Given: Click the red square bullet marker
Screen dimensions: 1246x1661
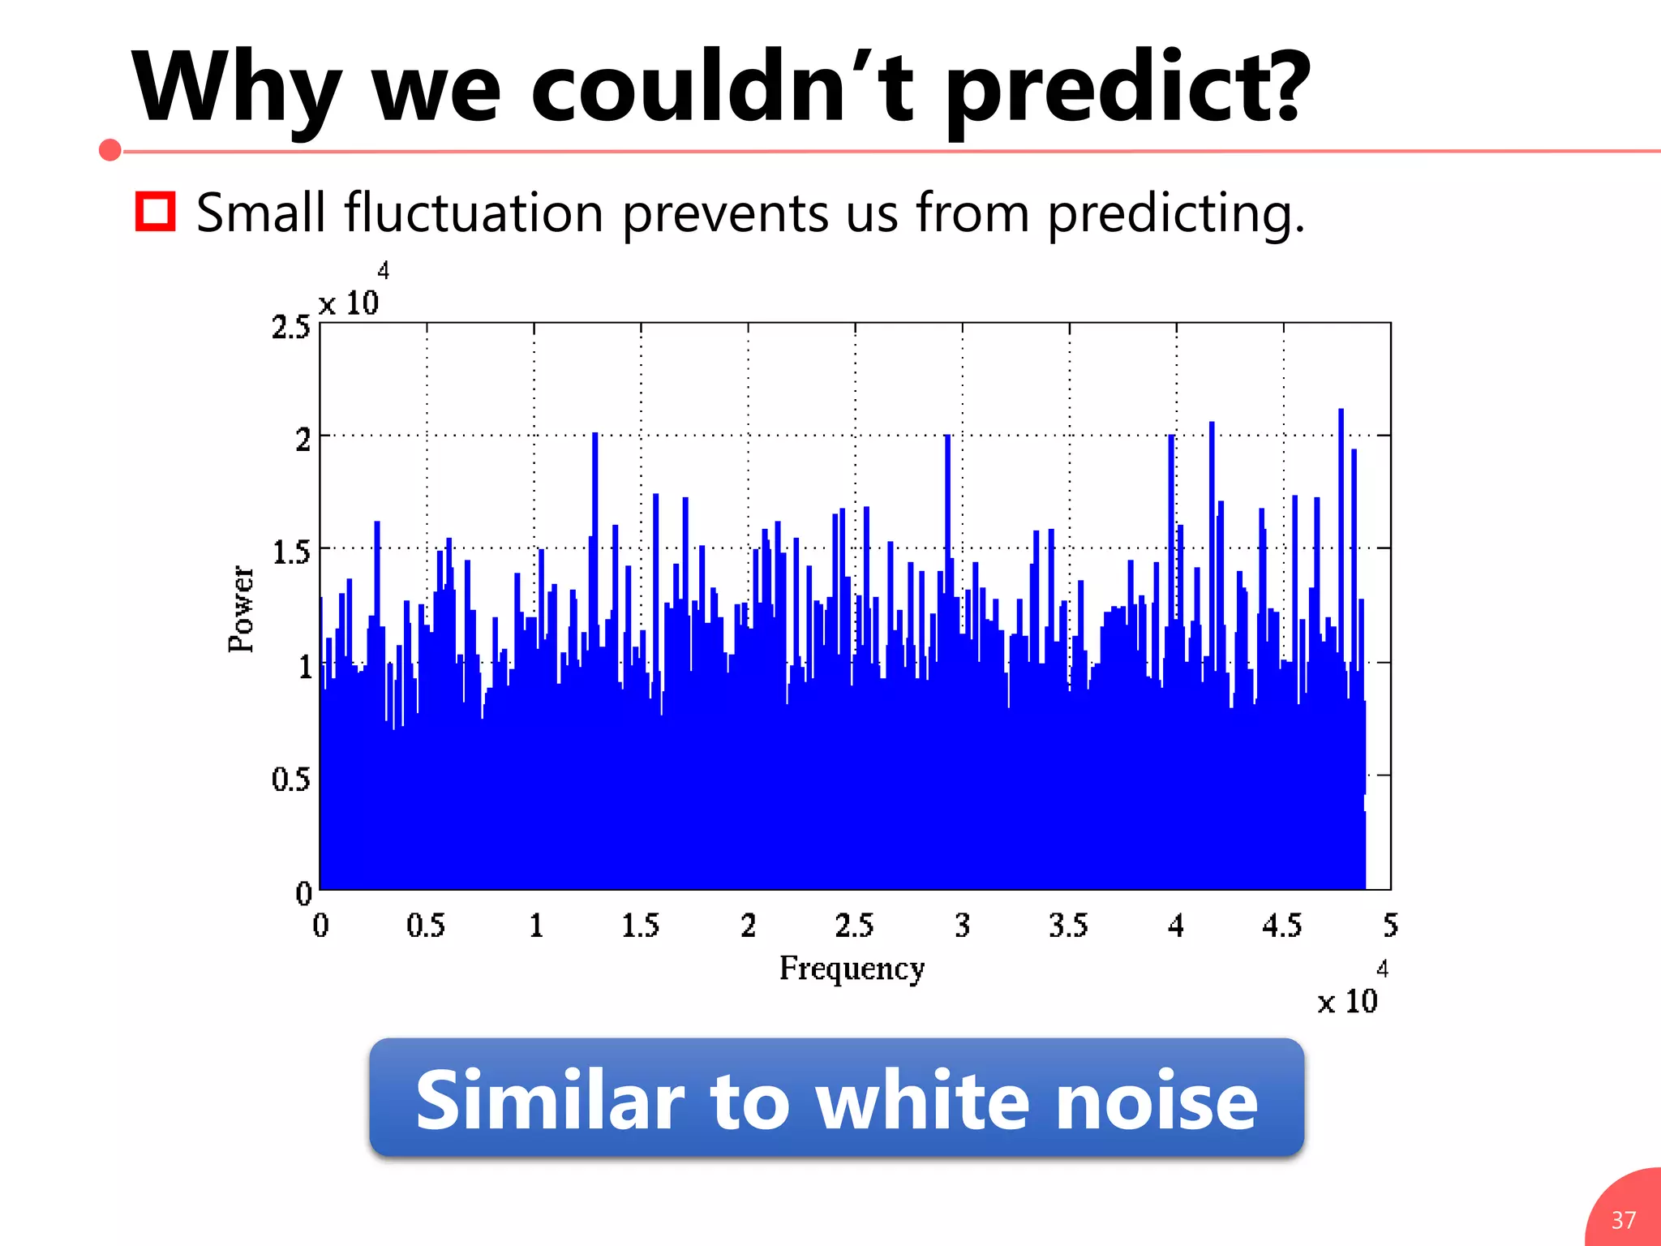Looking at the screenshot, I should pos(155,212).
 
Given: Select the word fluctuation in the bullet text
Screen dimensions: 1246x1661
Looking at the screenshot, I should pos(474,213).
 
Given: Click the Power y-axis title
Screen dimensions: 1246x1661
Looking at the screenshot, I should pos(242,608).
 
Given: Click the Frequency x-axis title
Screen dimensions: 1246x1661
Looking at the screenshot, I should pos(852,969).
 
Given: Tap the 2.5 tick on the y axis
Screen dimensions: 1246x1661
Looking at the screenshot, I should pos(290,328).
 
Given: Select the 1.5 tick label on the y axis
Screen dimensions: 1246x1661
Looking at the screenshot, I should pos(290,552).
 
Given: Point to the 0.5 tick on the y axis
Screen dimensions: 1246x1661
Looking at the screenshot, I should pos(290,779).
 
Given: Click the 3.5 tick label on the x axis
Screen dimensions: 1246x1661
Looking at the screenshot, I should pos(1068,926).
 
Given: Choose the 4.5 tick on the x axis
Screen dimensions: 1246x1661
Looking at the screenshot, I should pos(1281,926).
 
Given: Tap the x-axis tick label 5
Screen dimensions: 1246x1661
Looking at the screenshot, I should pos(1390,926).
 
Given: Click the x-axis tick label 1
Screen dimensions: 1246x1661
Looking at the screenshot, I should pos(536,926).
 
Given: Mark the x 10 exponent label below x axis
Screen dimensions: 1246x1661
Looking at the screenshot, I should pos(1348,999).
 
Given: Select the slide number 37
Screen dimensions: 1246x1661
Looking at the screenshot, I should pos(1624,1220).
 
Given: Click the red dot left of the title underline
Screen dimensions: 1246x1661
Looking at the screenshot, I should pos(110,150).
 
